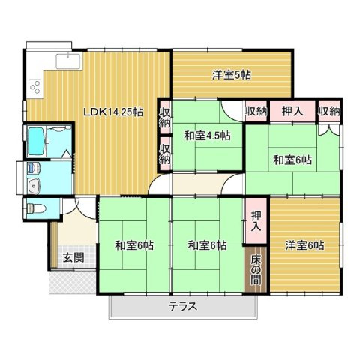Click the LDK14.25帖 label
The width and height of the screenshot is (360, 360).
pos(112,112)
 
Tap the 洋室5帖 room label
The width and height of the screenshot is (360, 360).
pos(231,74)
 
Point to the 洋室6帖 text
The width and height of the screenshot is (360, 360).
pos(304,244)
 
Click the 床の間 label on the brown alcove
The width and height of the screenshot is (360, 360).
pos(256,269)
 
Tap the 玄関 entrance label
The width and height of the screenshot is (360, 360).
pos(73,257)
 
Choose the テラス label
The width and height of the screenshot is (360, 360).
pos(182,305)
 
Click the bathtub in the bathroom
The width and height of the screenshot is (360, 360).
pos(36,139)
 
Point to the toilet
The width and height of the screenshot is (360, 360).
pos(35,208)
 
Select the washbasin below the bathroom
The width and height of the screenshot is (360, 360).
pos(33,185)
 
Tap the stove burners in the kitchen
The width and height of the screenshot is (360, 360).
pos(35,86)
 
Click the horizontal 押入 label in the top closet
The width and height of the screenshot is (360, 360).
pos(292,111)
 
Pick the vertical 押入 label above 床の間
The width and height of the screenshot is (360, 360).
pos(256,220)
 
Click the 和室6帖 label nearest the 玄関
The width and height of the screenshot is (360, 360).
pos(134,244)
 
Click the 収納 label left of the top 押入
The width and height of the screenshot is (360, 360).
pos(256,111)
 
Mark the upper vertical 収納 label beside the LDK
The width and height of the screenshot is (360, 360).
pos(164,118)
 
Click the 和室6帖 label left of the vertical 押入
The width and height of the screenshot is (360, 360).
pos(207,244)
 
